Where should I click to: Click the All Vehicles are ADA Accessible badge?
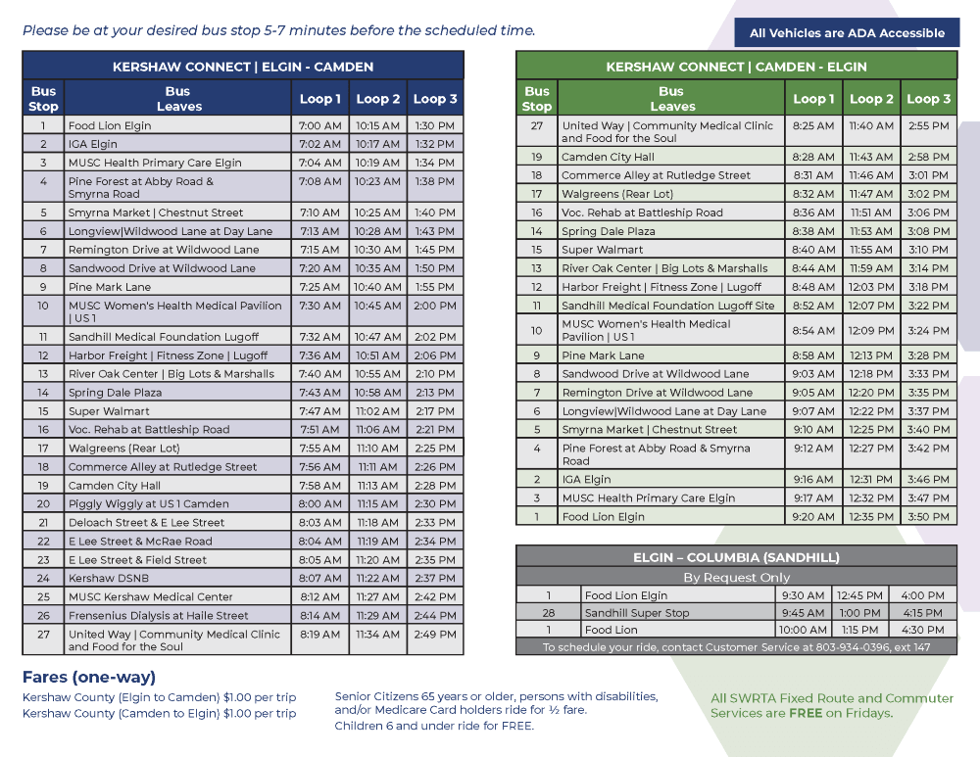[847, 33]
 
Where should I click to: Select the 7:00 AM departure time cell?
[319, 126]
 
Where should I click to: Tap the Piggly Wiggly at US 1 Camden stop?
[148, 504]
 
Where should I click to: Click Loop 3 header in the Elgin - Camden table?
[434, 99]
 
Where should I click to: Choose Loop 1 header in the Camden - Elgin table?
[813, 99]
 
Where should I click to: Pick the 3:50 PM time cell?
[928, 517]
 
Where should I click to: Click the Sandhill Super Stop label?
[636, 613]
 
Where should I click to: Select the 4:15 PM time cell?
[921, 613]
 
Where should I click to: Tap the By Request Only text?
[736, 578]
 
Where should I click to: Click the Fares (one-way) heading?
[89, 677]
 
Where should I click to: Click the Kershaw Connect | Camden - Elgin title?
[736, 67]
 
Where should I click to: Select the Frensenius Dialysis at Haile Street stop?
[158, 616]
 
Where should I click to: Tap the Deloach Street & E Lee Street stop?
[146, 523]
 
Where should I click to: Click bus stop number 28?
[548, 613]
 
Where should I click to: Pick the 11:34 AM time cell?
[377, 635]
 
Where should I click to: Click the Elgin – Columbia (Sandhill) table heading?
[736, 557]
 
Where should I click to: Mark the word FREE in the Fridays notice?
[804, 713]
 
